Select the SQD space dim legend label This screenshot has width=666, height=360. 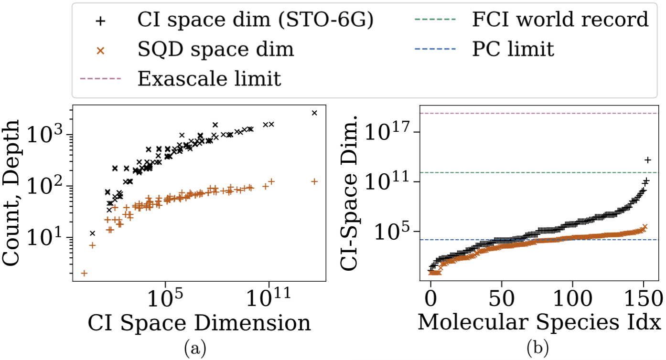coord(215,50)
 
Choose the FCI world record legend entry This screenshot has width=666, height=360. coord(560,21)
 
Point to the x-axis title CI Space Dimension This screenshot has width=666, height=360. coord(199,323)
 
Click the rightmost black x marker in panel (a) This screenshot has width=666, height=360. coord(314,113)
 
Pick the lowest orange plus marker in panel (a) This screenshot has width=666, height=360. coord(84,273)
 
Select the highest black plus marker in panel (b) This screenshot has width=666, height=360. coord(648,159)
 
